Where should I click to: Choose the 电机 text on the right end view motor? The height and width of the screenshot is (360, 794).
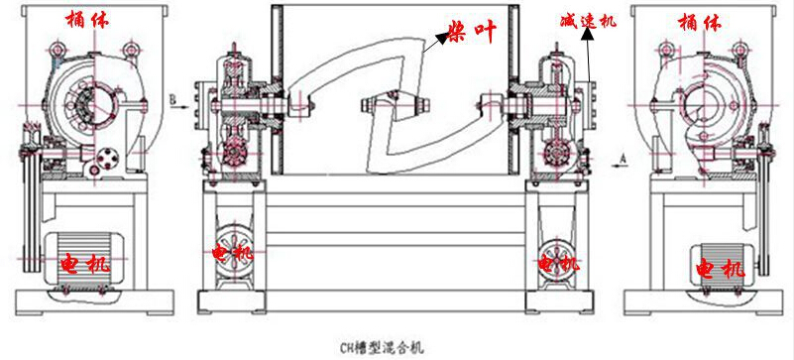[x=718, y=267]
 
